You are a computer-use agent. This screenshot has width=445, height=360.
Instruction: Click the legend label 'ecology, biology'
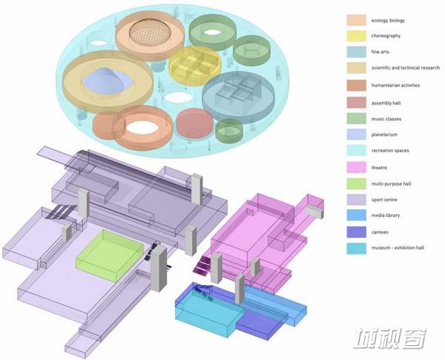tap(388, 21)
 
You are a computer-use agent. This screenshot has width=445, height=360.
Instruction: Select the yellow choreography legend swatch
tap(356, 36)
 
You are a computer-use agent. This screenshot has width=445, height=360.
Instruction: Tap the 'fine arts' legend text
tap(380, 52)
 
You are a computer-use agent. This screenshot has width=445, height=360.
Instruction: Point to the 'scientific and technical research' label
tap(405, 68)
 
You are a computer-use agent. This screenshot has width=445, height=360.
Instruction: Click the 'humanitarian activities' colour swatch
tap(356, 85)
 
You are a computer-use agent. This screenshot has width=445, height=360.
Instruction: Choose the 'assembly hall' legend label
tap(386, 103)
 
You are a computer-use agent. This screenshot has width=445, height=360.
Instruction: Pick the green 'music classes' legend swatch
tap(356, 119)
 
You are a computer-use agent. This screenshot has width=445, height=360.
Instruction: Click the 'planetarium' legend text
tap(384, 134)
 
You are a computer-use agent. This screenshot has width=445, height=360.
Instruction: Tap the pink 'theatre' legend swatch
tap(356, 167)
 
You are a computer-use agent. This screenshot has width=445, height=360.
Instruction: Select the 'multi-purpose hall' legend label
tap(391, 184)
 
